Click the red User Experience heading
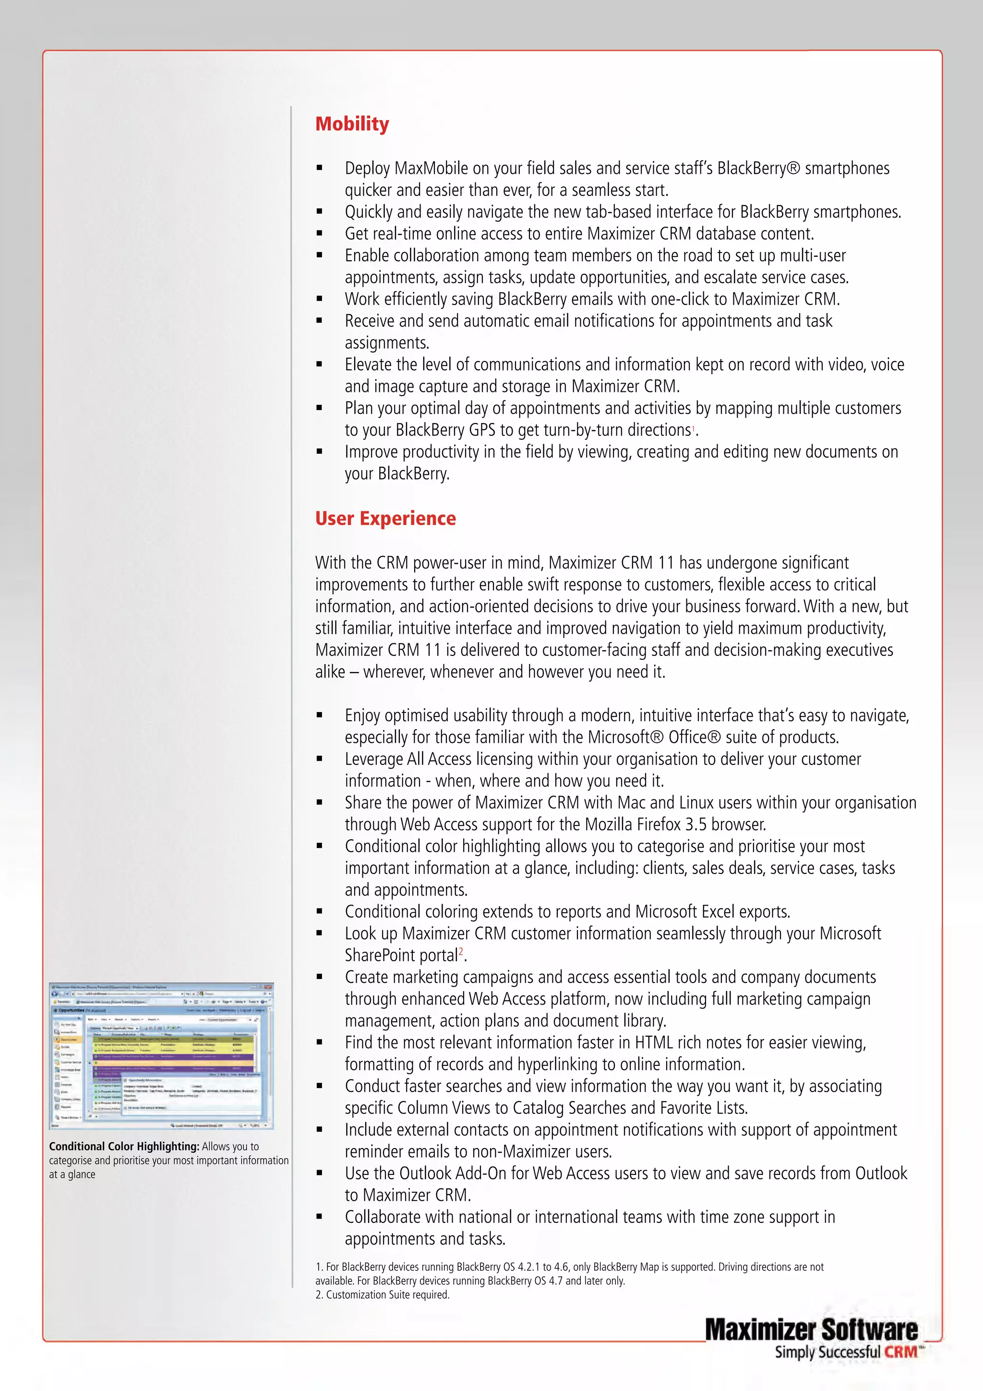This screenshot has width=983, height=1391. [x=385, y=518]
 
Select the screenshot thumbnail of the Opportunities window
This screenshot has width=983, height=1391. [x=161, y=1055]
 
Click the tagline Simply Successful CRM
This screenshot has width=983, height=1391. [x=846, y=1352]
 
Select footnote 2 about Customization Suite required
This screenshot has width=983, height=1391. [x=382, y=1294]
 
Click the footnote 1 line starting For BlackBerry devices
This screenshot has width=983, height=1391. [x=569, y=1267]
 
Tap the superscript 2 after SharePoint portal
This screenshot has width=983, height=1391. [x=461, y=951]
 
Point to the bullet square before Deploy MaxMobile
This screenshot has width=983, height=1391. [x=319, y=169]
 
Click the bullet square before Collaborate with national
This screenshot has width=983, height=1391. [x=319, y=1217]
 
